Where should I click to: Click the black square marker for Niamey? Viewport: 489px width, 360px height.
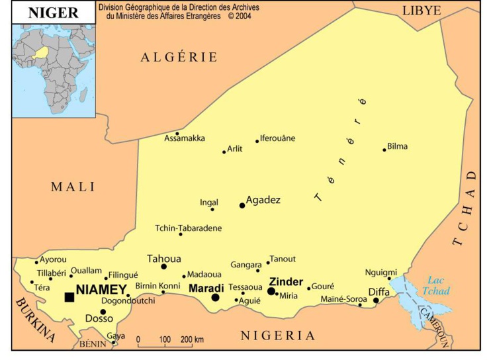pos(69,297)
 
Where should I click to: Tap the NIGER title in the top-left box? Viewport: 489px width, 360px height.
pos(53,13)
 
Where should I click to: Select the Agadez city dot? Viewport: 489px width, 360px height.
pos(242,205)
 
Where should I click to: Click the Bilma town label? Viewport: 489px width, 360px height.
pos(398,146)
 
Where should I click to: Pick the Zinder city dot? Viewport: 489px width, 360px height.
pos(271,291)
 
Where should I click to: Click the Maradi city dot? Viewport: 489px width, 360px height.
pos(215,298)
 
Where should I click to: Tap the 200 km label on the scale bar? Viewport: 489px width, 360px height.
pos(192,339)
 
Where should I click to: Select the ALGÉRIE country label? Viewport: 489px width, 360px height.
pos(179,58)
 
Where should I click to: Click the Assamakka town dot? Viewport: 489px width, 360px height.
pos(177,133)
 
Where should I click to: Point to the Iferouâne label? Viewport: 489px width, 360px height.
pos(278,138)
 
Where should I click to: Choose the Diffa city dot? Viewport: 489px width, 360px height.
pos(376,300)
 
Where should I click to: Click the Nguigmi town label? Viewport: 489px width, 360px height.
pos(381,272)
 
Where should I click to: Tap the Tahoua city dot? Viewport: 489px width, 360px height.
pos(164,267)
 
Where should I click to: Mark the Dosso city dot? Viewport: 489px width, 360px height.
pos(103,312)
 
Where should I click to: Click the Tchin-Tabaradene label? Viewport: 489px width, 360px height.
pos(189,228)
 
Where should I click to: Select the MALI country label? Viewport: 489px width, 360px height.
pos(73,187)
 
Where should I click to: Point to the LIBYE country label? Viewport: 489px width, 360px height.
pos(422,11)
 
